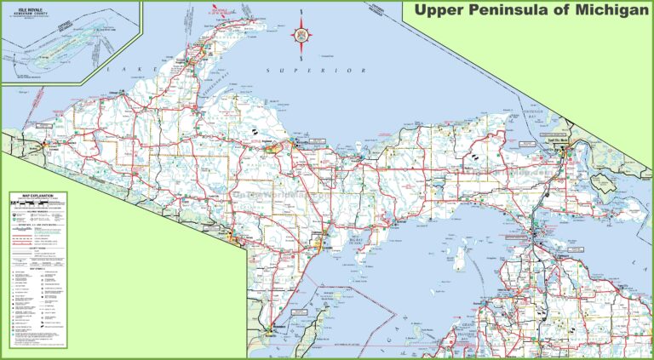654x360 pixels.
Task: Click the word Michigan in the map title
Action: coord(605,11)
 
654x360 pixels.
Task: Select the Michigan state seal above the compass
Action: coord(304,18)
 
